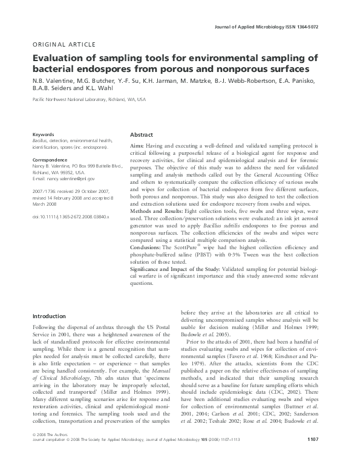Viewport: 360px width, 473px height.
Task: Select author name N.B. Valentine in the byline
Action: tap(54, 83)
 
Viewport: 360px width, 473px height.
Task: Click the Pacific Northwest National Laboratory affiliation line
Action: tap(89, 99)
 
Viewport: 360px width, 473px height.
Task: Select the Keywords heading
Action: tap(44, 134)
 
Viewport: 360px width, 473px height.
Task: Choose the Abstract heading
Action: tap(142, 135)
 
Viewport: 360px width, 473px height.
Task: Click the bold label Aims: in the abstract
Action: tap(138, 146)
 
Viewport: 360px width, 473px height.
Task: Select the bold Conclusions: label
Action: tap(148, 247)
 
